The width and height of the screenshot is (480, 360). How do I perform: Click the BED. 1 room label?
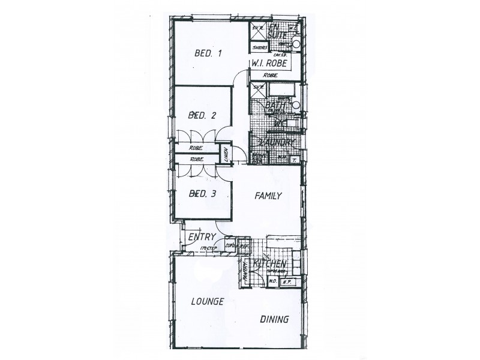point(209,53)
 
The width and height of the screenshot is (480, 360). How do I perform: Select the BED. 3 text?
point(202,193)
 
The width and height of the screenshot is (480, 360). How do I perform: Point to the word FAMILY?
point(268,196)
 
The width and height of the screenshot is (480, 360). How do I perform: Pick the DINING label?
point(274,319)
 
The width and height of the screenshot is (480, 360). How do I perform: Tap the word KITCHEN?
point(269,264)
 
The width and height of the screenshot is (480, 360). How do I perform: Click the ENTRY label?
point(202,238)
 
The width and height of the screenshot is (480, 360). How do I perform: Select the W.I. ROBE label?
point(268,64)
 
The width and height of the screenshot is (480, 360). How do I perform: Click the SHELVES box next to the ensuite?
point(260,47)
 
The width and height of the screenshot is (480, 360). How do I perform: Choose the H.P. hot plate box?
point(287,280)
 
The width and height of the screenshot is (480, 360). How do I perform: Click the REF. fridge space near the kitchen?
point(243,245)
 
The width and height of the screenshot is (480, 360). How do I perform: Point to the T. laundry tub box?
point(294,160)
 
